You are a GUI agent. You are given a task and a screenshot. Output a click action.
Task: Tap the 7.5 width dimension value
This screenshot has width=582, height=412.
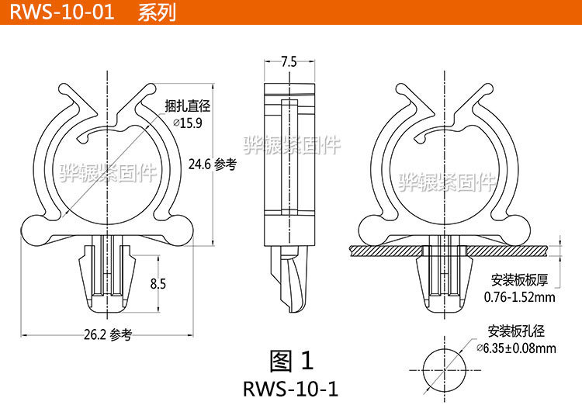pyautogui.click(x=289, y=62)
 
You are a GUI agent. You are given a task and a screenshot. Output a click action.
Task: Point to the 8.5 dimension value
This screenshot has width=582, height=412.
pyautogui.click(x=158, y=284)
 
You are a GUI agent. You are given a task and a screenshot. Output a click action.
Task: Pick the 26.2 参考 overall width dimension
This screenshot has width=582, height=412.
pyautogui.click(x=109, y=335)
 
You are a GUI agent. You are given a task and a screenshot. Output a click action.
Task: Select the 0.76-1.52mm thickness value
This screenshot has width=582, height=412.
pyautogui.click(x=519, y=297)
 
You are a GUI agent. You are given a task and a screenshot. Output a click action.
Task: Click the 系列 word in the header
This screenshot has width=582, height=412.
pyautogui.click(x=154, y=12)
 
